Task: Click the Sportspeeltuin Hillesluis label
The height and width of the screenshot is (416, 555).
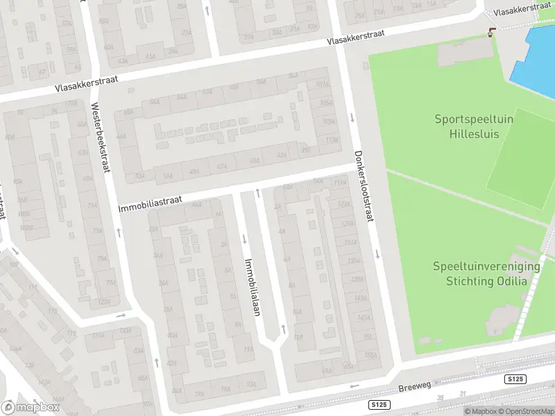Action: tap(474, 125)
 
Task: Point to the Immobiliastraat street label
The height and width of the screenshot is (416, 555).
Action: tap(150, 203)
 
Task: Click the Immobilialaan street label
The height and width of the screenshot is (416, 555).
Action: tap(251, 287)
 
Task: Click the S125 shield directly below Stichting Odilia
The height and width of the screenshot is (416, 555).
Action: tap(515, 379)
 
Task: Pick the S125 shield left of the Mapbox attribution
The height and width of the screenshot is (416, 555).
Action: tap(377, 404)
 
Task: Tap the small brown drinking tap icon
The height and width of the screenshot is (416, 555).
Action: tap(492, 31)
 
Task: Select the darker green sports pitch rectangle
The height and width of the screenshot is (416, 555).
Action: tap(520, 159)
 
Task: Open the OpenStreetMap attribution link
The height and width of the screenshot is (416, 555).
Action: tap(526, 411)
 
